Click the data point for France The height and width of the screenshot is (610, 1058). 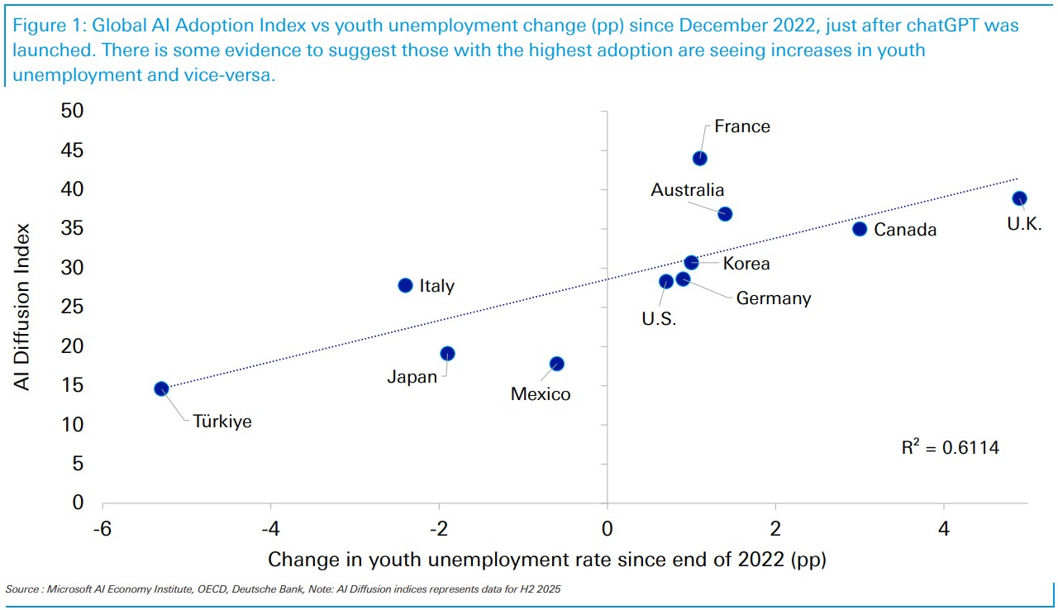coord(699,158)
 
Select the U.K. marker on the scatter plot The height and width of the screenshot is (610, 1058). coord(1019,198)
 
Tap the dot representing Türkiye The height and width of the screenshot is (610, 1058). coord(161,388)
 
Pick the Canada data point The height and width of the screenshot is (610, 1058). coord(860,229)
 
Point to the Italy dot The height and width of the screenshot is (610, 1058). coord(405,285)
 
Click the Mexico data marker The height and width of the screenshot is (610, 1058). coord(557,364)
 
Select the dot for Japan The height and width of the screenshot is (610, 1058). coord(447,354)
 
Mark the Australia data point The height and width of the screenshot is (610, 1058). coord(725,214)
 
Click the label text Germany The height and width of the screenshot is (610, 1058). coord(774,298)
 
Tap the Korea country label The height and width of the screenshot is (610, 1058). coord(746,264)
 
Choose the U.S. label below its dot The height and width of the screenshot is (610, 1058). coord(659,319)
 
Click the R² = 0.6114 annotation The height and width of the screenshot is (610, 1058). coord(950,448)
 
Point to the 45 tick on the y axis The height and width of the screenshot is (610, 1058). coord(71,150)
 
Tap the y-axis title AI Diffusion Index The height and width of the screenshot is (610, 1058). coord(24,307)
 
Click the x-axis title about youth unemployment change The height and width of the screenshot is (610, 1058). coord(546,560)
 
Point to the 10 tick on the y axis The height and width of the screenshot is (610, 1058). coord(71,425)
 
